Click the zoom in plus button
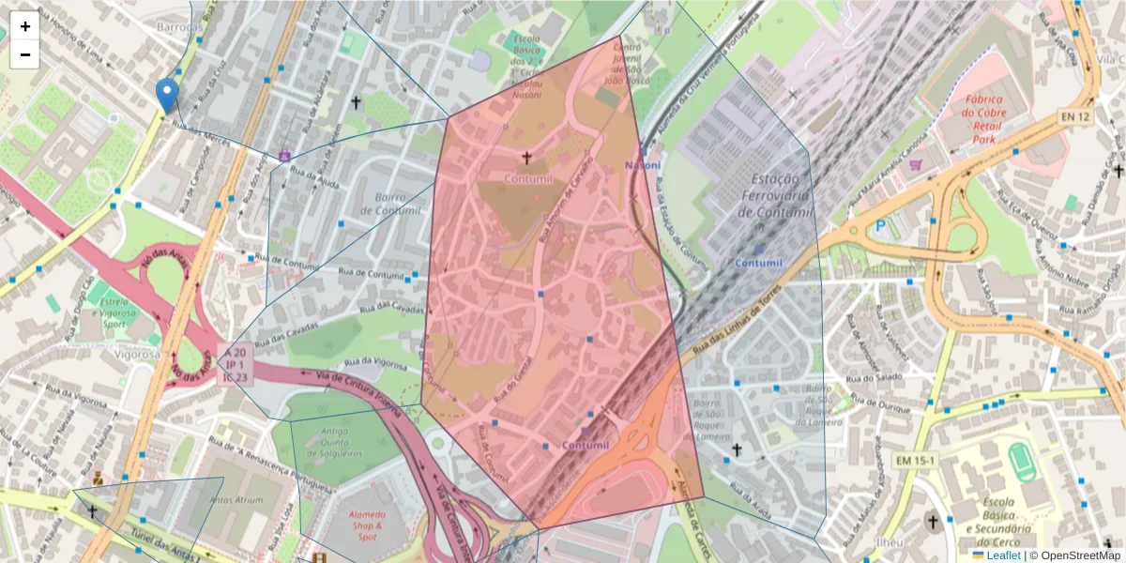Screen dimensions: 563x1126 coord(25,26)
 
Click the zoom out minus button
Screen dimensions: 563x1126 coord(25,54)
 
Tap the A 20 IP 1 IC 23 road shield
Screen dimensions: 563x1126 coord(235,363)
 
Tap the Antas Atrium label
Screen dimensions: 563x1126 coord(235,500)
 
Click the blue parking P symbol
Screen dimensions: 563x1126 coord(880,225)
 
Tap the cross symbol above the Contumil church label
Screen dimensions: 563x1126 coord(526,158)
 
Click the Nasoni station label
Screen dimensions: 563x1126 coord(643,165)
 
